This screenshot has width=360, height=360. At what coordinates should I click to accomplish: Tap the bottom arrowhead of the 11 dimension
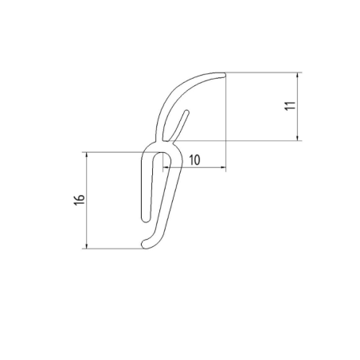(298, 137)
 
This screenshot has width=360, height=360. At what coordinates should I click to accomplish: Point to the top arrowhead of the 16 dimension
(85, 155)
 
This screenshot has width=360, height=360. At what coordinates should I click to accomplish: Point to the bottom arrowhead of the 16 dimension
(85, 245)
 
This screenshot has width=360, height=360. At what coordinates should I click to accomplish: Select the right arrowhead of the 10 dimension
(224, 168)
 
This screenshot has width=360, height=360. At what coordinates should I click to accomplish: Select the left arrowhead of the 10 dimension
(166, 168)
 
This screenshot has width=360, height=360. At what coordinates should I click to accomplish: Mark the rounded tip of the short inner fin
(188, 114)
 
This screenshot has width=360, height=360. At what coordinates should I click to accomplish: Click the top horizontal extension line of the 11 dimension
(263, 72)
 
